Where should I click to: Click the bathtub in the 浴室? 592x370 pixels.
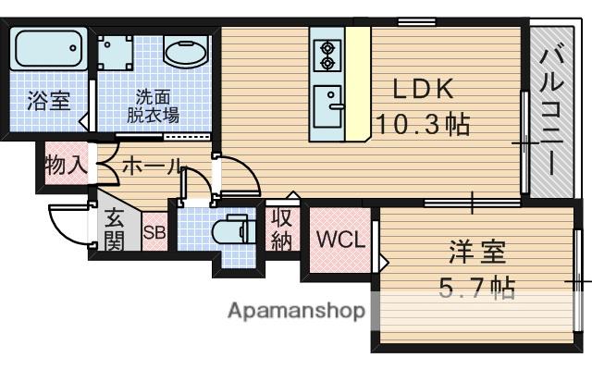coord(49,48)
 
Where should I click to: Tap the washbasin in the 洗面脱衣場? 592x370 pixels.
coord(186,52)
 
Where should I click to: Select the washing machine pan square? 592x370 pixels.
coord(115,53)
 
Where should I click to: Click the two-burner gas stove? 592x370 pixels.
coord(327,55)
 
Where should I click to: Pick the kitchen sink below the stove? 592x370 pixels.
coord(328,106)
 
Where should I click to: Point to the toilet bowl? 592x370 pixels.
coord(230,230)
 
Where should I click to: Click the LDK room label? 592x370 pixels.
coord(423,89)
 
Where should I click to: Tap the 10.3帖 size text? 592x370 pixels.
coord(424,125)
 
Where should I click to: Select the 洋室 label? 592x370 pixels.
coord(477,253)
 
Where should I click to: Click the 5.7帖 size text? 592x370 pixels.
coord(477,288)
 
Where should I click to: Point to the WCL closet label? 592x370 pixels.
coord(341,239)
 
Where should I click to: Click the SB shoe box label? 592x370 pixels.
coord(154,232)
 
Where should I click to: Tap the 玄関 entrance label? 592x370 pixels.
coord(115,228)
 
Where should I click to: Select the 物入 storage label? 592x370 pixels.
coord(66,166)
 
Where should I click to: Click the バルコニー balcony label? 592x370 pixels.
coord(551,110)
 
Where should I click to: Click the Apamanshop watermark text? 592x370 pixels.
coord(297,311)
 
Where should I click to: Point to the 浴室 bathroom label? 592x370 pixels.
coord(49,101)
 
